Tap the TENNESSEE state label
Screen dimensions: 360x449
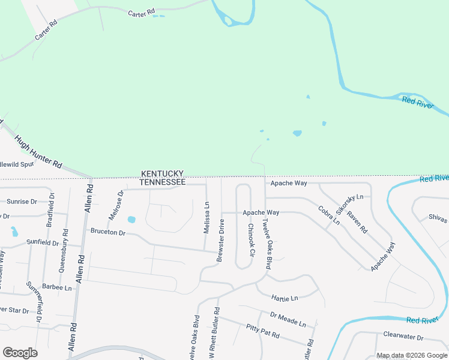[162, 181]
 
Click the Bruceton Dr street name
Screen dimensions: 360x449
[107, 232]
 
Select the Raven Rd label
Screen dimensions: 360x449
[357, 221]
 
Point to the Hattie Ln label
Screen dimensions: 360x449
[284, 298]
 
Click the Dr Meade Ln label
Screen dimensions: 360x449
[288, 319]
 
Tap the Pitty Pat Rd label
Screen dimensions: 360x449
[262, 331]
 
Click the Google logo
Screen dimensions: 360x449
[20, 352]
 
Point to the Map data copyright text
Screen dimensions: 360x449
[412, 355]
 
